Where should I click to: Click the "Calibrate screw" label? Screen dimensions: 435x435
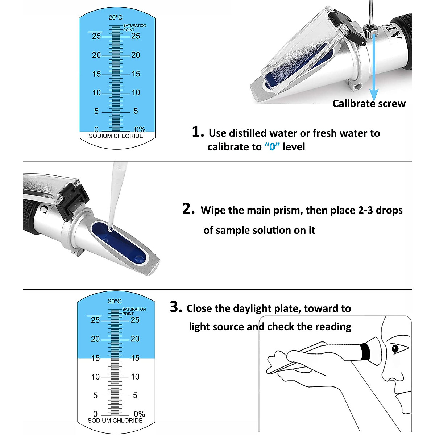[369, 104]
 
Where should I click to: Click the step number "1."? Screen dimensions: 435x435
[198, 132]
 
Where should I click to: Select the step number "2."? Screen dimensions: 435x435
[188, 209]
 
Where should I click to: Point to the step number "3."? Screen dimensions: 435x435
[176, 307]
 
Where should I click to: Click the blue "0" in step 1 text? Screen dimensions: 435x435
[272, 147]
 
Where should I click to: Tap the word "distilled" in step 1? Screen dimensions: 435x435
[250, 133]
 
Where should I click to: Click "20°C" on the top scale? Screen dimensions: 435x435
[116, 17]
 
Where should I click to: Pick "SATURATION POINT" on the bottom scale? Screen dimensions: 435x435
[134, 311]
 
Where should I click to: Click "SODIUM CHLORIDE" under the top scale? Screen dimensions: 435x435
[116, 136]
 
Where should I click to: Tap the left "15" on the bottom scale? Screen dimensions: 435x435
[95, 358]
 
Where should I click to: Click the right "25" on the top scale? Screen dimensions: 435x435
[136, 36]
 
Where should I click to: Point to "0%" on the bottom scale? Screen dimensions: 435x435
[139, 414]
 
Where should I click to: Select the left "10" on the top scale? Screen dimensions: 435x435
[96, 92]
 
